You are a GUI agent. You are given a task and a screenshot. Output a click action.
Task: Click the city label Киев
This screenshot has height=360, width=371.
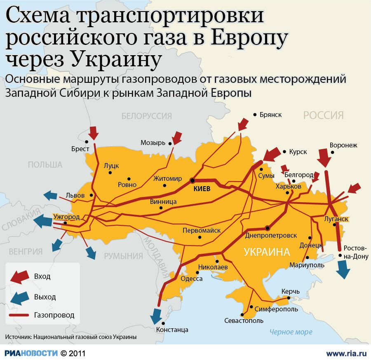(x=202, y=189)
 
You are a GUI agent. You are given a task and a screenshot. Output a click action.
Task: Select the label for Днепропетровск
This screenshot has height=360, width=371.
(x=270, y=236)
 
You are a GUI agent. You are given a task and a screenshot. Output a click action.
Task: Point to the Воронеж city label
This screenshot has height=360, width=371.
(x=343, y=145)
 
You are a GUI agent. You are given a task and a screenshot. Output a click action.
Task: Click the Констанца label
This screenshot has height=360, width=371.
(x=172, y=330)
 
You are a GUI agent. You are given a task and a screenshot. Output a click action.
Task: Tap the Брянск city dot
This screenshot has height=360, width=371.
(x=255, y=115)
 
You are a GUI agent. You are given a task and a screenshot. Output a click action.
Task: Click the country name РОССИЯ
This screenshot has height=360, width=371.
(x=323, y=115)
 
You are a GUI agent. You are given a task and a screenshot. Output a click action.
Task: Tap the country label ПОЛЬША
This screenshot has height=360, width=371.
(x=45, y=165)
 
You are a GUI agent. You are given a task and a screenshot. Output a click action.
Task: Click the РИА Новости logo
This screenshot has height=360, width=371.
(x=31, y=353)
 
